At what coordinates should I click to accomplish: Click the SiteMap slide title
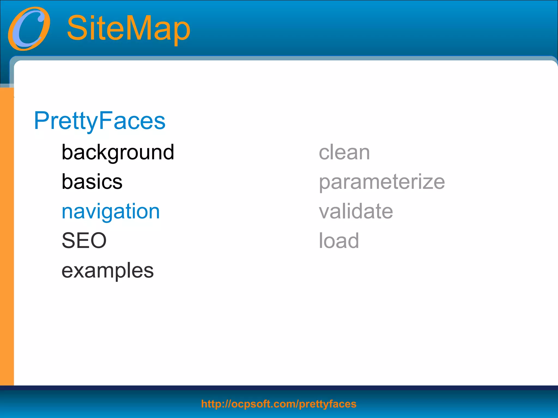tap(128, 28)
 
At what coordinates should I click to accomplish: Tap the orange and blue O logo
tap(29, 29)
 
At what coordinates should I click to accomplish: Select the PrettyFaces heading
tap(99, 121)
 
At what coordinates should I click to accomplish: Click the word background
tap(118, 152)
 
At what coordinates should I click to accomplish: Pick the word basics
tap(92, 182)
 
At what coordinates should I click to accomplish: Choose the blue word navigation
tap(111, 212)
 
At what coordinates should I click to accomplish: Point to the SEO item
tap(84, 241)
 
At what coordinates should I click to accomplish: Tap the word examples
tap(108, 271)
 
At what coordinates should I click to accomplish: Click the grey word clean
tap(344, 152)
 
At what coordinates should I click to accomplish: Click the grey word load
tap(339, 241)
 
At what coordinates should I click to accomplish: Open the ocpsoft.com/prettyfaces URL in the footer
tap(278, 404)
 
